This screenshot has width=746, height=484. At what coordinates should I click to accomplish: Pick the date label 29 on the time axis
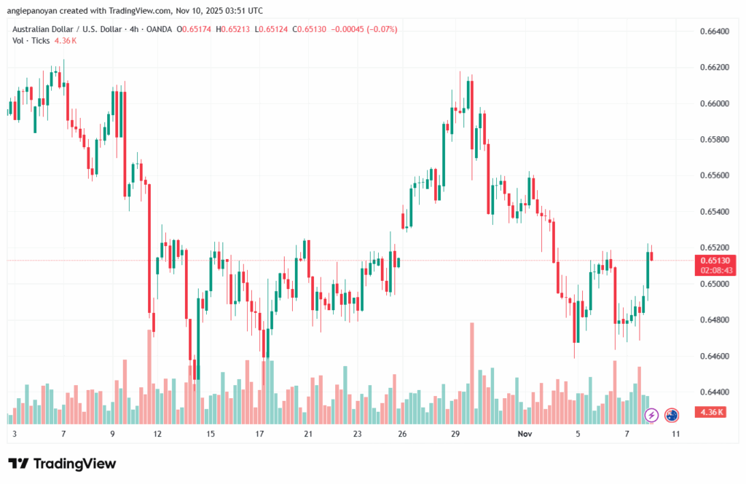coord(454,433)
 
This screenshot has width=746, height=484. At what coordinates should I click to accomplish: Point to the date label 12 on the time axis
coord(157,433)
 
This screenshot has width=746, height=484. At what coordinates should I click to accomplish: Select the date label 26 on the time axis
coord(402,433)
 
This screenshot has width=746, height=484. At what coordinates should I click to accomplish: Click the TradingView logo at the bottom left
coord(62,464)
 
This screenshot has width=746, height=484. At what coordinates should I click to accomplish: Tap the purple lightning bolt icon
coord(652,415)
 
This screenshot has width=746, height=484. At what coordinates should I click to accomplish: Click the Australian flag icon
coord(672,415)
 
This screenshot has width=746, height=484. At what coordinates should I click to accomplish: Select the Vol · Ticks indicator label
coord(31,41)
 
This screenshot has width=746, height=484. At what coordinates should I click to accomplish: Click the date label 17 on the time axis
coord(259,433)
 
